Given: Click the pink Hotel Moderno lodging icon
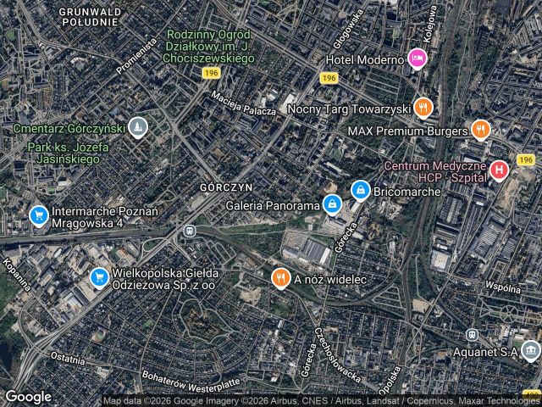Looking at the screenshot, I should tap(417, 59).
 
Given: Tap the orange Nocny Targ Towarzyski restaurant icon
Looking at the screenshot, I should tap(423, 108).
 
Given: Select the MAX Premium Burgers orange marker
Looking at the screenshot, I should tap(481, 131).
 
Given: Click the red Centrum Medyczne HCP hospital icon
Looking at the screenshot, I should tap(500, 169).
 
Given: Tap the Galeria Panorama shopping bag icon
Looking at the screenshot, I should tap(334, 205).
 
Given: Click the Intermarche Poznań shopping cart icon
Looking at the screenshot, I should tap(38, 215).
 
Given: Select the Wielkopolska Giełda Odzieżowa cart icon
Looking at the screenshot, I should tap(98, 277).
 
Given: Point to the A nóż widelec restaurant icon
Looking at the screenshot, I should tap(280, 278).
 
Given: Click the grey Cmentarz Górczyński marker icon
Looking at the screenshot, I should tap(139, 128).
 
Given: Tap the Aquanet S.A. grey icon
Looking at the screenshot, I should tap(530, 350).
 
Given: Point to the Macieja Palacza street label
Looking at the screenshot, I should tap(245, 104).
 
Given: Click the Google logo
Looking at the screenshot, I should tap(29, 397).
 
